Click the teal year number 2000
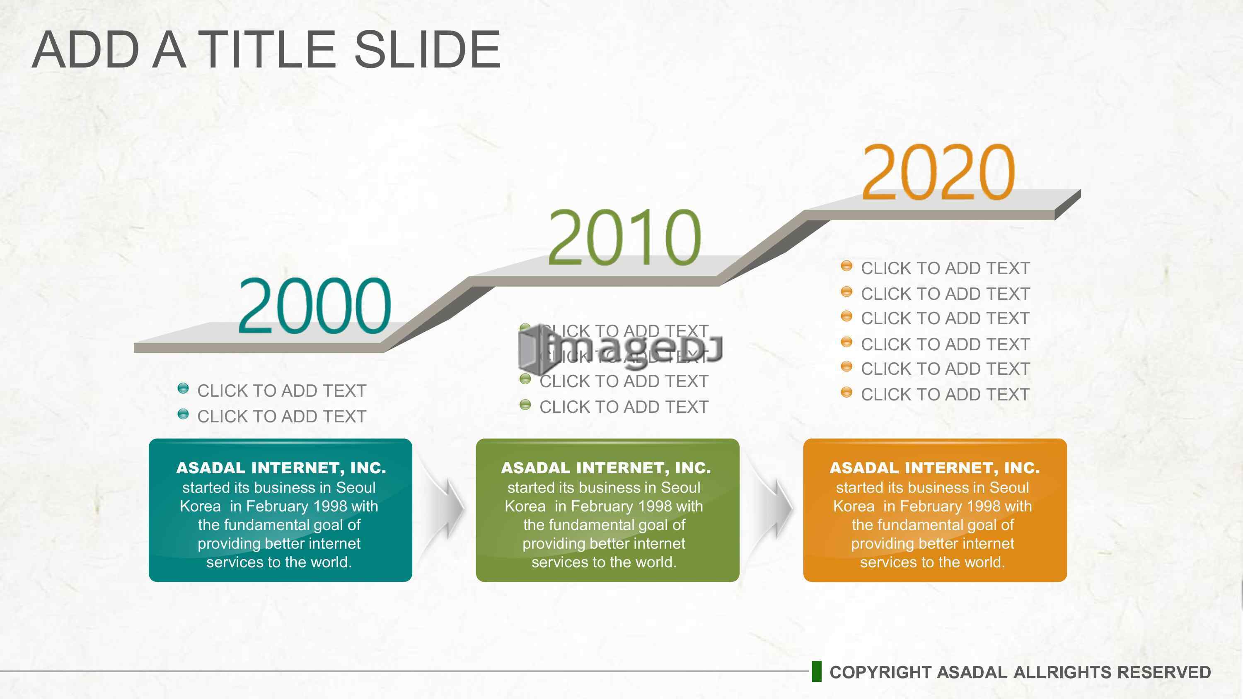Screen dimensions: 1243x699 [x=314, y=306]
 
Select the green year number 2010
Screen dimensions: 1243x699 [x=624, y=237]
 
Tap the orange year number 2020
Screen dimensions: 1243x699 [x=938, y=172]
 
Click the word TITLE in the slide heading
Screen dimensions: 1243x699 [x=267, y=49]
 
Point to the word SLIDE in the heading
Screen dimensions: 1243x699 [x=428, y=49]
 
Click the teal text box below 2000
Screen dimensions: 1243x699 [x=281, y=510]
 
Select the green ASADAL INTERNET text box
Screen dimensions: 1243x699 [x=607, y=510]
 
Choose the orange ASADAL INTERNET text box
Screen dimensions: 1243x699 [x=935, y=510]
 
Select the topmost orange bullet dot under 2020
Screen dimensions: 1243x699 [x=846, y=266]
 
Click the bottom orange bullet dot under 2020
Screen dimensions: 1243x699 [x=846, y=392]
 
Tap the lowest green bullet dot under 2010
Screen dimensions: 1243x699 [x=525, y=405]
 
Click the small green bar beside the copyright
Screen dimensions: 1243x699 [x=816, y=672]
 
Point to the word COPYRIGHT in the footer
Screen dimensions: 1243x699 [x=880, y=672]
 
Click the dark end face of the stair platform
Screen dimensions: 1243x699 [x=1068, y=205]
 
